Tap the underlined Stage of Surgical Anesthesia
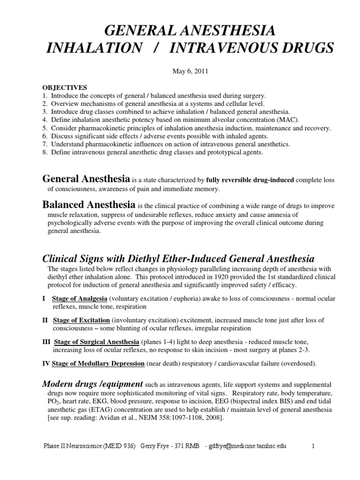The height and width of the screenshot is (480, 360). click(97, 341)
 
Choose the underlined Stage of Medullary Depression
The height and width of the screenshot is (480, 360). click(98, 363)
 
